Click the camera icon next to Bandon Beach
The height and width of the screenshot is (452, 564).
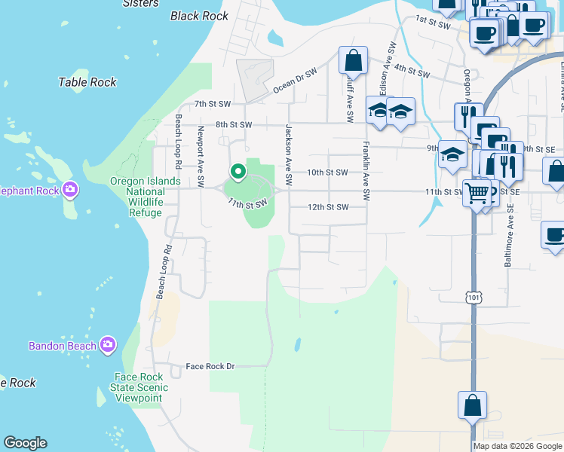107,345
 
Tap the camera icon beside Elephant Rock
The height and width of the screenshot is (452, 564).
70,190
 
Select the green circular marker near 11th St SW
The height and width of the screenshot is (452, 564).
238,173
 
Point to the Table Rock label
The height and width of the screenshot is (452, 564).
87,82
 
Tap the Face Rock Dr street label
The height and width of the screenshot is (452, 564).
210,366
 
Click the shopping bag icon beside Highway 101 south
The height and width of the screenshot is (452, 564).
471,405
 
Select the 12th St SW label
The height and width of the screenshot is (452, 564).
328,207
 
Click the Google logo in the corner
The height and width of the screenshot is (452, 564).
25,443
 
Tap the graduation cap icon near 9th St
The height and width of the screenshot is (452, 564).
452,155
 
